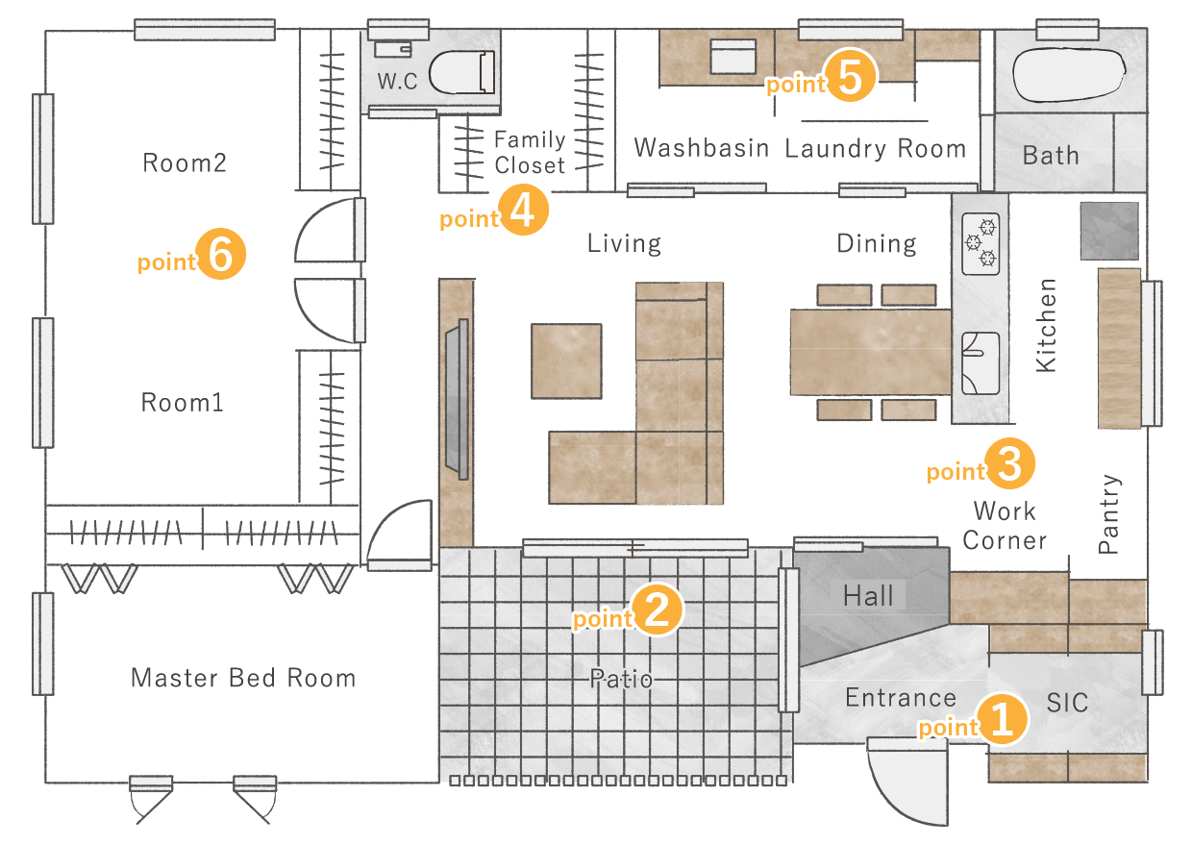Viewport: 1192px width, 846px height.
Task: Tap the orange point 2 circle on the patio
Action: (657, 610)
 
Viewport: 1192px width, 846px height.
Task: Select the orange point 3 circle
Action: (1009, 463)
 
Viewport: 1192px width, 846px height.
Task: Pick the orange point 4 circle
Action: (523, 211)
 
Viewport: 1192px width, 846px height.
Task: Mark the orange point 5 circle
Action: (850, 76)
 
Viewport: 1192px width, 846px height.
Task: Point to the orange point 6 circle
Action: (220, 254)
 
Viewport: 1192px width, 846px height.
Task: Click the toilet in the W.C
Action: (461, 72)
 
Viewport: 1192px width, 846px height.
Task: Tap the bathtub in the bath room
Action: (1069, 74)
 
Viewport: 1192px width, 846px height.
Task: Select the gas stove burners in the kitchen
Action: (981, 243)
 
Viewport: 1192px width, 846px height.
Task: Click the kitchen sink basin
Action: (981, 363)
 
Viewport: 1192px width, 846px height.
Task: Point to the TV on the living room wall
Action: (458, 399)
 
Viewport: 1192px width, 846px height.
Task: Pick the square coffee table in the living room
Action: (566, 361)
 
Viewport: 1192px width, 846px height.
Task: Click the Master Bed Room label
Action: (244, 678)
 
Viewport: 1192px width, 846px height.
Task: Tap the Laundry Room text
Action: (876, 148)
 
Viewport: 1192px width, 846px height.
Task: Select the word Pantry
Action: (1109, 514)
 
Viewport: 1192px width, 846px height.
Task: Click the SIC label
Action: (1067, 703)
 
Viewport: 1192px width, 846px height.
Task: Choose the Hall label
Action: (868, 595)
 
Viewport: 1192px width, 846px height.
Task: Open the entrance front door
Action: (907, 781)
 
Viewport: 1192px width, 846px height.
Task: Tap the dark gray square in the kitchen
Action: (1109, 231)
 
